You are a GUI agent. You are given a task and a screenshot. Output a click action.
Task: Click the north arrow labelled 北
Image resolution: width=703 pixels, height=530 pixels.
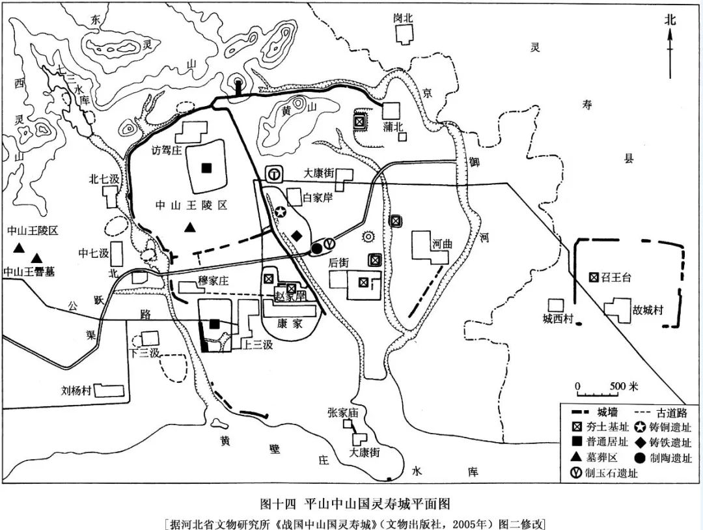[x=670, y=46]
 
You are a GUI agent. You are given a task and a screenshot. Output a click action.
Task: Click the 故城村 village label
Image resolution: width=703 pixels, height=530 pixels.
[x=647, y=310]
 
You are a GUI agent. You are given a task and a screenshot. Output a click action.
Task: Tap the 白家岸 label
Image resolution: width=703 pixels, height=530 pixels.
[x=318, y=197]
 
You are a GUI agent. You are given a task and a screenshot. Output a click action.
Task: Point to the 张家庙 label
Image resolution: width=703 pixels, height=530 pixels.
[x=344, y=412]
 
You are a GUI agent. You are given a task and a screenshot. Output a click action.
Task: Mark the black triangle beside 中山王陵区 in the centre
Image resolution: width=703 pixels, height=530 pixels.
[x=189, y=227]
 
